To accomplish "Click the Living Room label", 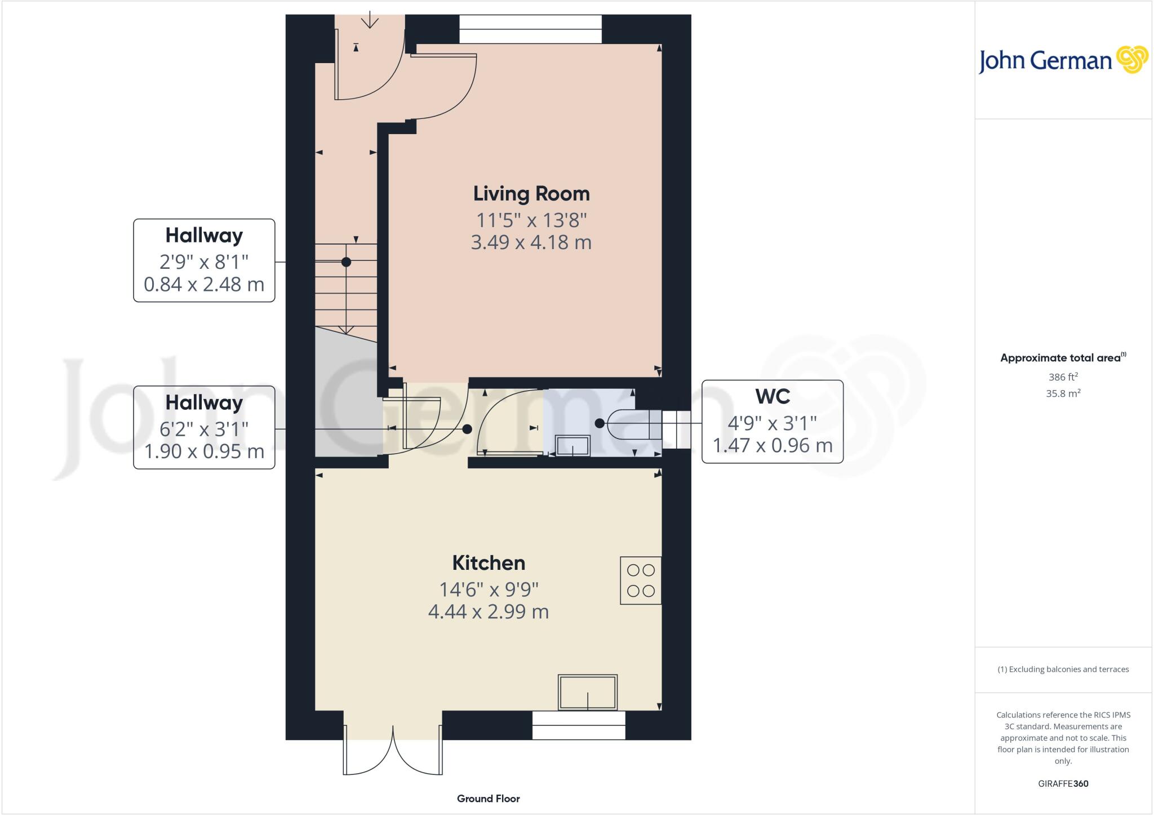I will (531, 193).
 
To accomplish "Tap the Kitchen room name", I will (489, 562).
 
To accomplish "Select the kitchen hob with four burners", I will (641, 581).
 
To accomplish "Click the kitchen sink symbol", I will (588, 692).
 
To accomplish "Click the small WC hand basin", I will (572, 445).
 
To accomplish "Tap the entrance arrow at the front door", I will (370, 19).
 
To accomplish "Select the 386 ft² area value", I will (1063, 377).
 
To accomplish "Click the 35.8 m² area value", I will (1063, 393).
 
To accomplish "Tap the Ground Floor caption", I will (488, 798).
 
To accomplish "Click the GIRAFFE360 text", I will (1063, 783).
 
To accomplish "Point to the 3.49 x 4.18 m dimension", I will (531, 242).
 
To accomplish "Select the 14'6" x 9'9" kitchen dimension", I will (489, 589).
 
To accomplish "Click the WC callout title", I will (772, 396).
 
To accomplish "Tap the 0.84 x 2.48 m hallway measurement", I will (204, 284).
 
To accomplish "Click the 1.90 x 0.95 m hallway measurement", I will (204, 451).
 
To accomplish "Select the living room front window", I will (530, 29).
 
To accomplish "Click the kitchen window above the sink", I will (579, 725).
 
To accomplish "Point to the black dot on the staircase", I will (346, 262).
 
